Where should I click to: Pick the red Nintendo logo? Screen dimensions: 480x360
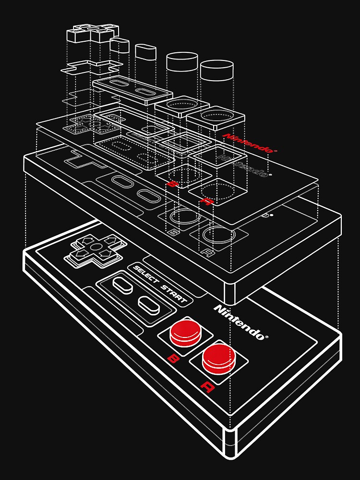tap(250, 143)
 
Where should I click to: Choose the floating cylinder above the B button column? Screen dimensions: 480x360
tap(182, 61)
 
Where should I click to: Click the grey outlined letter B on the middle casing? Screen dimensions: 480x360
tap(173, 233)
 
